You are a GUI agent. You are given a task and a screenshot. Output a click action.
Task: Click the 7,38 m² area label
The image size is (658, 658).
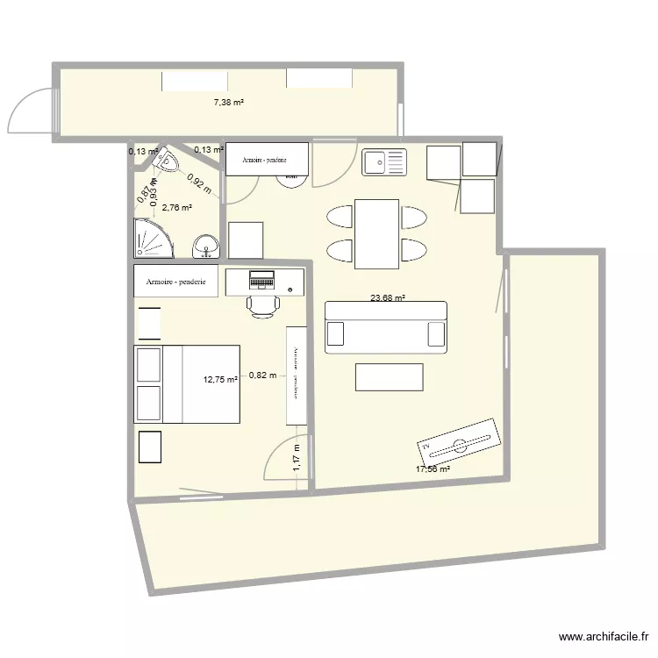tap(229, 103)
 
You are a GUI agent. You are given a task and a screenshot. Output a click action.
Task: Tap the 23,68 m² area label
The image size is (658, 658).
tap(387, 298)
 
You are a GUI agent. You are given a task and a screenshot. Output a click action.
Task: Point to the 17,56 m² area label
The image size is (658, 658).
tap(433, 469)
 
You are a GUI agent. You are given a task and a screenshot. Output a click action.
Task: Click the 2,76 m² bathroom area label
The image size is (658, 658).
tap(176, 207)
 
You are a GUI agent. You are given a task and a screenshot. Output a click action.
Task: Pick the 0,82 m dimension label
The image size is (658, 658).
tap(262, 375)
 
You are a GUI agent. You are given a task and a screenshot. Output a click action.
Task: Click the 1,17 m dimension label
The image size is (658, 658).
tap(297, 459)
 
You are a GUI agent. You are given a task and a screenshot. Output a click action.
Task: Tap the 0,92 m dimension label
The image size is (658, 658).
tap(198, 184)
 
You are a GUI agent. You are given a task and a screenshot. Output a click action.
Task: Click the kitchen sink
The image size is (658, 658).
tap(384, 162)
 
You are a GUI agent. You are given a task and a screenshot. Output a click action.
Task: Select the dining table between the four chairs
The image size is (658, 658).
tap(377, 233)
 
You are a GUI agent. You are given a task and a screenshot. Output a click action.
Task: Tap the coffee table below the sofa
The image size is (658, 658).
tap(389, 376)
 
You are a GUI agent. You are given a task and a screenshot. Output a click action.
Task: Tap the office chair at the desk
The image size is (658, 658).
tap(262, 305)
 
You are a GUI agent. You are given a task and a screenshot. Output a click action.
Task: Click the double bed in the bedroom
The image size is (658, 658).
tap(187, 384)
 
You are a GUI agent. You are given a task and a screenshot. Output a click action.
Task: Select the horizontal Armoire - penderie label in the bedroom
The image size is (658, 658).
tap(175, 282)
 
